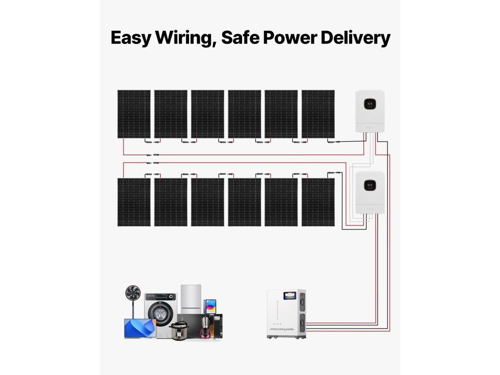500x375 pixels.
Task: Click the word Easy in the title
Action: point(130,38)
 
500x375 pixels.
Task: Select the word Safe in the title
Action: point(240,38)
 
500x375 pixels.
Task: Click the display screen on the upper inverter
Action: point(371,104)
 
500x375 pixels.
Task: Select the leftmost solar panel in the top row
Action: point(134,114)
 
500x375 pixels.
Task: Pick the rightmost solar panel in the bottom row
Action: point(318,202)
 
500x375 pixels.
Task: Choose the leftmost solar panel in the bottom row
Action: point(134,202)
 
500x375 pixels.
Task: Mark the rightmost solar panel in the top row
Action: point(318,114)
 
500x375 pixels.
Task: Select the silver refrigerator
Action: point(191,299)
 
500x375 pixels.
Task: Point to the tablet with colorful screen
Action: point(210,306)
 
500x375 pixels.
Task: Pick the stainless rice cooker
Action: point(179,331)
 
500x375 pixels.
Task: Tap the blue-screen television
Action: point(140,328)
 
